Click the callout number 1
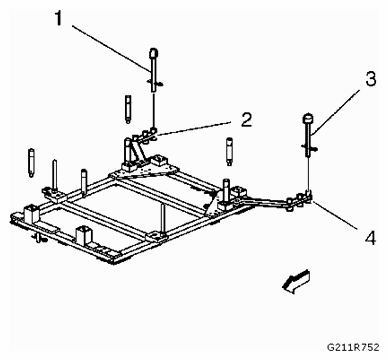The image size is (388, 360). tap(59, 18)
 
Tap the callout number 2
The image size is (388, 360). tap(246, 120)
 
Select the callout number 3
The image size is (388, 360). tap(370, 79)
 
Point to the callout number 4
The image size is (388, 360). tap(370, 238)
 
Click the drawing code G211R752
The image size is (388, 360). tap(353, 347)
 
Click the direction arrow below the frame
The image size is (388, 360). tap(296, 281)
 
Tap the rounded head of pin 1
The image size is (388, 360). tap(153, 53)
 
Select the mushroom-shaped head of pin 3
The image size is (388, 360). tap(308, 119)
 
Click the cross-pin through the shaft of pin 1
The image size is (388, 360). tap(154, 82)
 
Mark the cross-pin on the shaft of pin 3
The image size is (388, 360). tap(310, 146)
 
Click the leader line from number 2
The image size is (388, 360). tap(194, 128)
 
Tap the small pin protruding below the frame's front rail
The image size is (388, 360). tap(40, 238)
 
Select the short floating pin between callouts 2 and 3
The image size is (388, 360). tap(230, 151)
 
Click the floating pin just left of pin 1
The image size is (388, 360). tap(128, 109)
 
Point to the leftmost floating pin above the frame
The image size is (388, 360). tap(31, 163)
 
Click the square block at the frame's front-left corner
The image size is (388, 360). tap(30, 213)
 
